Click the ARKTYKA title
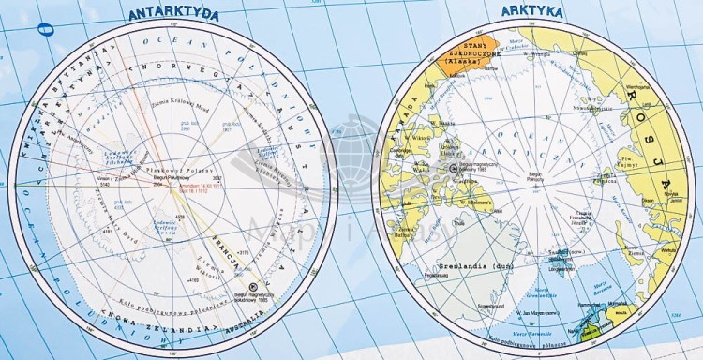(x=531, y=12)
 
